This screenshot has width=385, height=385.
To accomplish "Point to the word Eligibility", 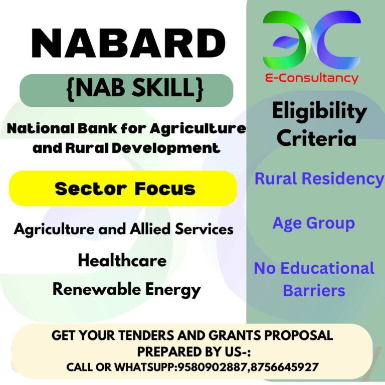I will click(x=319, y=112).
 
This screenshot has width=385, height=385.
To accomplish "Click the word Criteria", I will click(x=316, y=138).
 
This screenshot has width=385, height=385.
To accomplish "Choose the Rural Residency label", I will click(x=319, y=178).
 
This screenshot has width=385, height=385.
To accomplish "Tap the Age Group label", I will click(x=313, y=223).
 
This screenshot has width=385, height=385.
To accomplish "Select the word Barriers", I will click(x=314, y=290).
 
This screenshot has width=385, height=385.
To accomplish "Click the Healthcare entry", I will click(x=122, y=261).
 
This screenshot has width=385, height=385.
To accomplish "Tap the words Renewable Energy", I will click(x=126, y=289).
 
